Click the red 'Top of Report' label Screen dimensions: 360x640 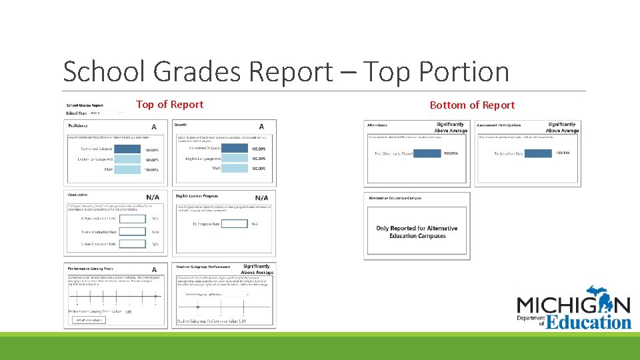pos(169,105)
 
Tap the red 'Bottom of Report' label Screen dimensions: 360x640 pos(472,105)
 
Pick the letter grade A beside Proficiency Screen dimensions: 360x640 pos(154,127)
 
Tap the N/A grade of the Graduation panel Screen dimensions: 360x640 pos(153,197)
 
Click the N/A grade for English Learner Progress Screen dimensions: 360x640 pos(261,198)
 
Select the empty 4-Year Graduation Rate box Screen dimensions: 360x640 pos(132,218)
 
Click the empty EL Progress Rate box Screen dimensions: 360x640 pos(234,224)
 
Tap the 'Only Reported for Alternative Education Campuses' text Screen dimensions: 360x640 pos(417,232)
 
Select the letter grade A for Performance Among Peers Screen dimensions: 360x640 pos(154,269)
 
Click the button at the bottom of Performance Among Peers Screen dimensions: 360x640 pos(88,320)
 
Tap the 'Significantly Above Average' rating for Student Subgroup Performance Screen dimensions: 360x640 pos(257,269)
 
